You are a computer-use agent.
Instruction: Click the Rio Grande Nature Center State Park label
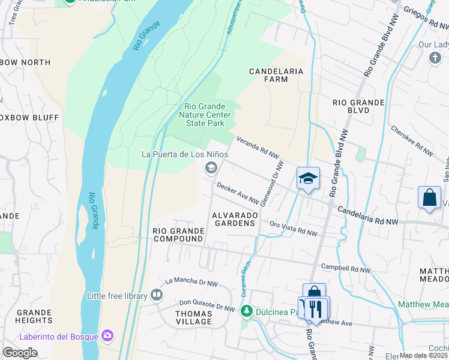pyautogui.click(x=204, y=115)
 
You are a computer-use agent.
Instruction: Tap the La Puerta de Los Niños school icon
pyautogui.click(x=211, y=168)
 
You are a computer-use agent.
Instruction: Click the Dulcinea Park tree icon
pyautogui.click(x=246, y=311)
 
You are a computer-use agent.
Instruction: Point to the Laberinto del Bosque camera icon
pyautogui.click(x=108, y=335)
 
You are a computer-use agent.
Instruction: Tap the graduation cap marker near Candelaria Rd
pyautogui.click(x=308, y=178)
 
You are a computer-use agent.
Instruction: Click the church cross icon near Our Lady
pyautogui.click(x=435, y=58)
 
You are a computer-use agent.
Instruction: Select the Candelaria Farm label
pyautogui.click(x=276, y=75)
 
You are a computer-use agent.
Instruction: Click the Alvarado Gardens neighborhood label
pyautogui.click(x=234, y=219)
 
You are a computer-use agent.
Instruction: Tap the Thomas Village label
pyautogui.click(x=193, y=317)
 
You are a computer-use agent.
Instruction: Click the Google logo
pyautogui.click(x=20, y=353)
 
